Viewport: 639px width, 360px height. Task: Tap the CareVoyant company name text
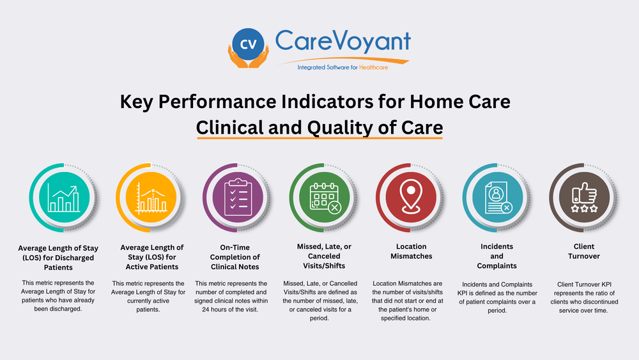click(x=343, y=42)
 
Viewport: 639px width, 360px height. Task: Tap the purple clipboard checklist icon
click(x=236, y=194)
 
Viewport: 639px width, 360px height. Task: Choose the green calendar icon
click(x=323, y=194)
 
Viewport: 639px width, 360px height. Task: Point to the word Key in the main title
click(x=137, y=102)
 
